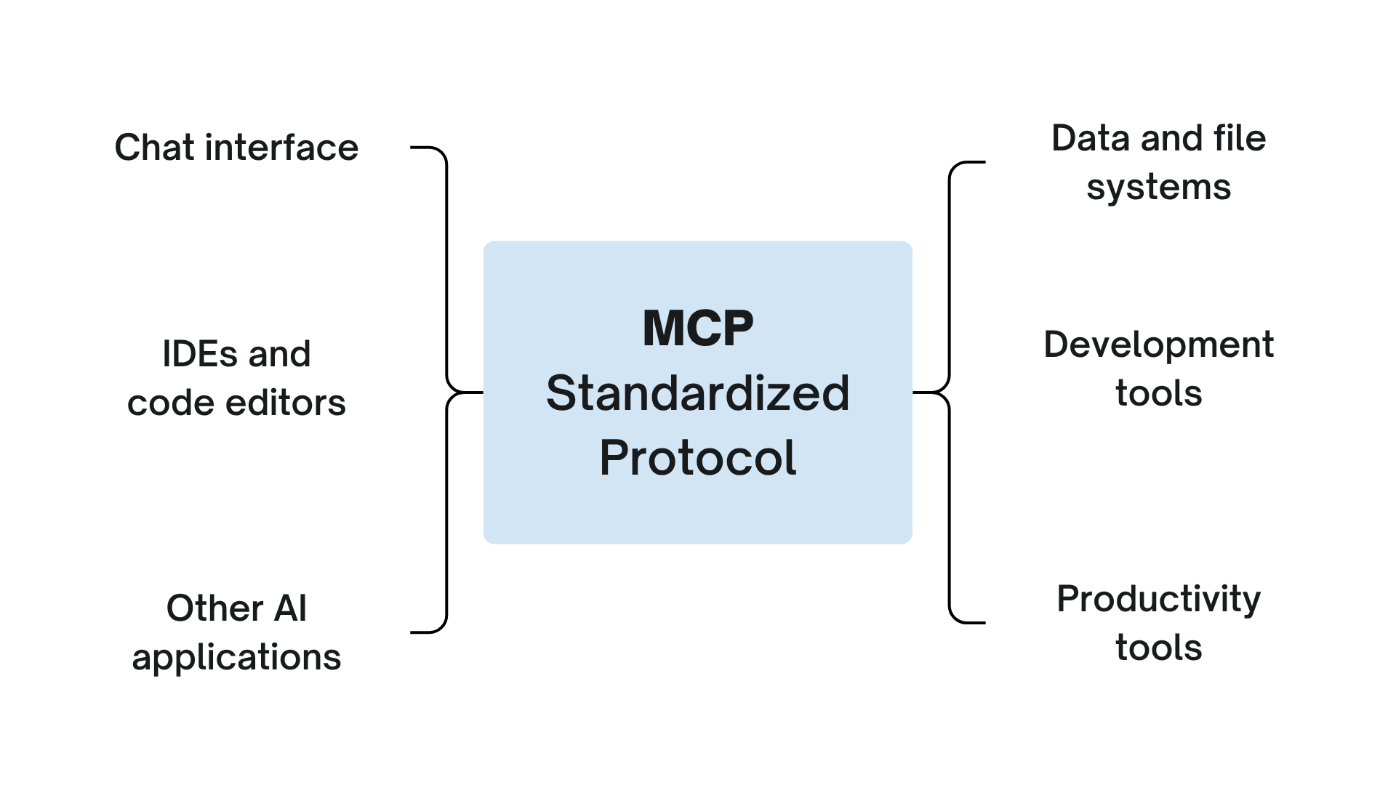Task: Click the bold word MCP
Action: click(x=698, y=329)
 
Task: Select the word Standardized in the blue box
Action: click(x=698, y=393)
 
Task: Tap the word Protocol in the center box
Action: click(x=698, y=457)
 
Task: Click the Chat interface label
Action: click(x=236, y=148)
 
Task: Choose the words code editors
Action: click(x=236, y=403)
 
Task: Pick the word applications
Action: click(x=236, y=657)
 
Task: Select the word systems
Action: click(x=1158, y=187)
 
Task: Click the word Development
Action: click(x=1158, y=345)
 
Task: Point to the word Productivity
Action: click(x=1158, y=599)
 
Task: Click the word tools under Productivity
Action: click(x=1158, y=647)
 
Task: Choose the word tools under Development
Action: click(x=1158, y=393)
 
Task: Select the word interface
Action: click(x=282, y=148)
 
